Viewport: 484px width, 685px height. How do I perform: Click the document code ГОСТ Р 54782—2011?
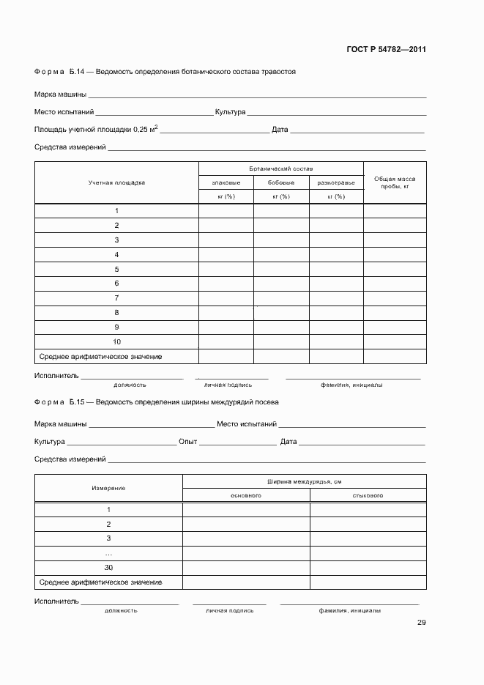pos(386,50)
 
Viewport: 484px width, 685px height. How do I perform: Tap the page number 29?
pos(422,623)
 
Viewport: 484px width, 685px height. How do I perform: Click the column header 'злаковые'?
pos(226,182)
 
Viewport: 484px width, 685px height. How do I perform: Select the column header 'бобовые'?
pos(281,182)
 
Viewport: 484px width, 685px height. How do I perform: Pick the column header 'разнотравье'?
pos(336,182)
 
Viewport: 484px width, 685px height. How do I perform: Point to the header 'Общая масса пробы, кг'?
pos(395,182)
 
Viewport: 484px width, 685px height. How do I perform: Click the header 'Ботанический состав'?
pos(281,169)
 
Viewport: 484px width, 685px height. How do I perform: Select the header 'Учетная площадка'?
pos(117,182)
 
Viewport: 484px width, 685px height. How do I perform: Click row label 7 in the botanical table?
pos(117,298)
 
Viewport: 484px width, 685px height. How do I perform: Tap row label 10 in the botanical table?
pos(117,342)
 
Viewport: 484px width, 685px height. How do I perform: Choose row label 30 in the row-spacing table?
pos(108,568)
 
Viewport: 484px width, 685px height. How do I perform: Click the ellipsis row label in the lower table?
pos(108,553)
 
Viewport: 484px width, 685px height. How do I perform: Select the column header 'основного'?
pos(246,495)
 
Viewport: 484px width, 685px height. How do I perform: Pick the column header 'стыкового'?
pos(368,495)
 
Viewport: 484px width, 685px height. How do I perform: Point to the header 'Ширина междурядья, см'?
pos(305,481)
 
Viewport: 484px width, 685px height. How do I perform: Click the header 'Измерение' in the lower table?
pos(108,488)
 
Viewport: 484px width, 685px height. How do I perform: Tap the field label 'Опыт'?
pos(188,442)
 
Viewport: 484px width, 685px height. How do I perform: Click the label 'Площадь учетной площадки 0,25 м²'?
pos(96,129)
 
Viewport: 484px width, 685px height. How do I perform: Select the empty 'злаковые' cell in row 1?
pos(226,211)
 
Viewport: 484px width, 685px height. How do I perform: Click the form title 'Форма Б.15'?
pos(60,402)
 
